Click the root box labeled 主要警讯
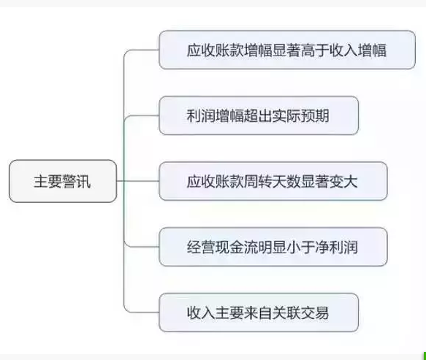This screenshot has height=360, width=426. [63, 181]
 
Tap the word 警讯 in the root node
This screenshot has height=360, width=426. [77, 181]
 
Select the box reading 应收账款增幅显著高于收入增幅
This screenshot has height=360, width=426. [287, 50]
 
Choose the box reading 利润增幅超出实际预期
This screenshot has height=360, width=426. [259, 115]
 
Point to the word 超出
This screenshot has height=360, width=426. [258, 116]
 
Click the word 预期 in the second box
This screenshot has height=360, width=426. [315, 116]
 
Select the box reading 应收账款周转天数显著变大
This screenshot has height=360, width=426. [273, 181]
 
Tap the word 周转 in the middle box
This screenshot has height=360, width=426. [258, 182]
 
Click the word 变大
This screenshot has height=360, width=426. [343, 182]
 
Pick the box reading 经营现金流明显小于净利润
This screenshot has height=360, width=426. [273, 247]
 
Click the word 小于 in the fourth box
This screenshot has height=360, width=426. [301, 248]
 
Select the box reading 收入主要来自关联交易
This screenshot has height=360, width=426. [259, 313]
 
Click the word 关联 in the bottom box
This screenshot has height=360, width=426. [286, 313]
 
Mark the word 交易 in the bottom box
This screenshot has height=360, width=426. [315, 313]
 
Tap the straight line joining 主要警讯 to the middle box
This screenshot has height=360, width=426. [138, 181]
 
